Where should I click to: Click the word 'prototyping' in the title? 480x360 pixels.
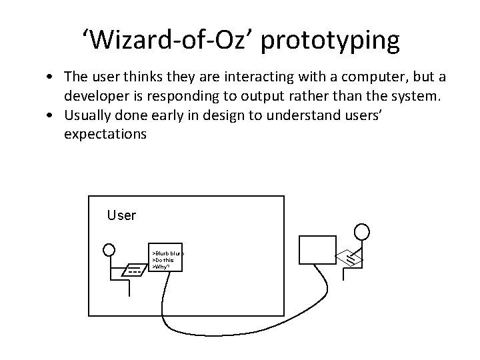coord(331,41)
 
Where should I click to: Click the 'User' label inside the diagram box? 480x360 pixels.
coord(121,215)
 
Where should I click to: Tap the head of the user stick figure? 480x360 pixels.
coord(109,250)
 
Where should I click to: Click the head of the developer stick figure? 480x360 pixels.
coord(361,232)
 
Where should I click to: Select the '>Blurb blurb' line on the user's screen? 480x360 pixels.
coord(168,253)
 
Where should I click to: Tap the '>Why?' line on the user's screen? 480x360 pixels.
coord(161,266)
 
